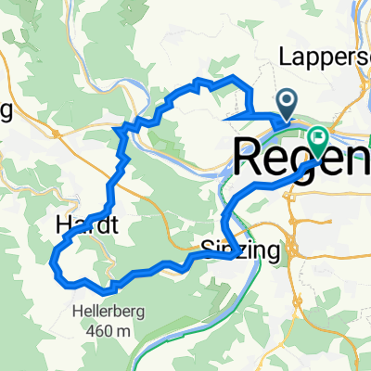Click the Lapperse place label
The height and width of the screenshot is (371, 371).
(325, 58)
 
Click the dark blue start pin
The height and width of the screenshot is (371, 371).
(287, 103)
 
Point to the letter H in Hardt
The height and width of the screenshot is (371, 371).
(63, 224)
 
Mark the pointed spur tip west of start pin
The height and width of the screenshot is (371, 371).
(224, 117)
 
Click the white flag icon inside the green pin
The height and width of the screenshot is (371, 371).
(320, 138)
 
